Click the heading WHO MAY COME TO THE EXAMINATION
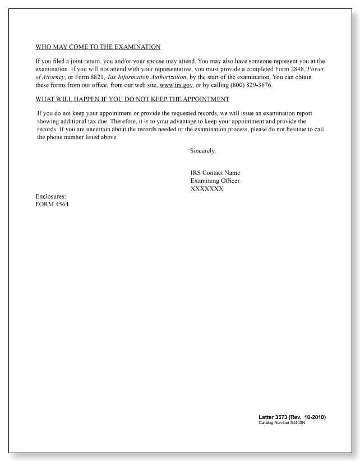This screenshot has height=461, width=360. click(98, 47)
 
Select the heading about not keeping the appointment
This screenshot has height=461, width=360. click(132, 99)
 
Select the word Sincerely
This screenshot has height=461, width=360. click(203, 151)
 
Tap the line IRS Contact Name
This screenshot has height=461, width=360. click(215, 173)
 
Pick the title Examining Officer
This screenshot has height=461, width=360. click(215, 181)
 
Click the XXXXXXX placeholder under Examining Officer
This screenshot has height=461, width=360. click(207, 189)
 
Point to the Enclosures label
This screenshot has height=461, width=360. click(50, 196)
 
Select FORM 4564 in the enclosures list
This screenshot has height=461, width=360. click(52, 204)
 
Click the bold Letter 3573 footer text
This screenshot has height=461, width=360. click(292, 417)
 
